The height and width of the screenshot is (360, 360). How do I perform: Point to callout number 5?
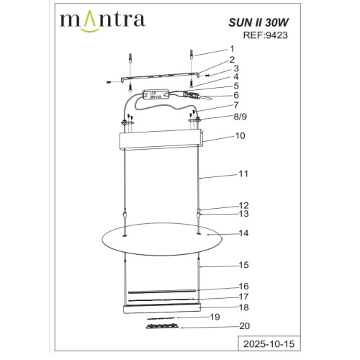tap(235, 85)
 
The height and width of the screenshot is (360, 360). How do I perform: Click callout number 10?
tap(240, 135)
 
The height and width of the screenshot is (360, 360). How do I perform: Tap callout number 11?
tap(241, 174)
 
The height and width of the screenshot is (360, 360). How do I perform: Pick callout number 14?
tap(244, 233)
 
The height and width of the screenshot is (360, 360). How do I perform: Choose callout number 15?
tap(244, 265)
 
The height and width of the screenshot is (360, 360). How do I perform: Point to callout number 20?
tap(244, 326)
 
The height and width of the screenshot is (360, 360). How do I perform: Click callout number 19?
tap(213, 317)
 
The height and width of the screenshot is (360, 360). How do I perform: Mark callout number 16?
tap(244, 286)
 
